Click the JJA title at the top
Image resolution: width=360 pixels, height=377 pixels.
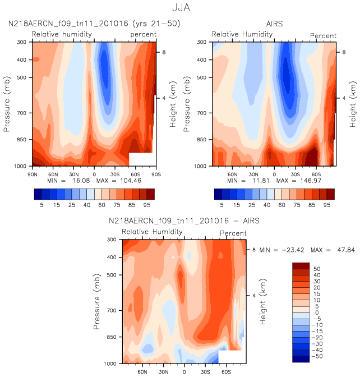pyautogui.click(x=181, y=8)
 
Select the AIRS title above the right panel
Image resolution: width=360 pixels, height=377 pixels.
pyautogui.click(x=274, y=24)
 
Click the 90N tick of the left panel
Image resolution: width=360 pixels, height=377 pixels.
pyautogui.click(x=33, y=173)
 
